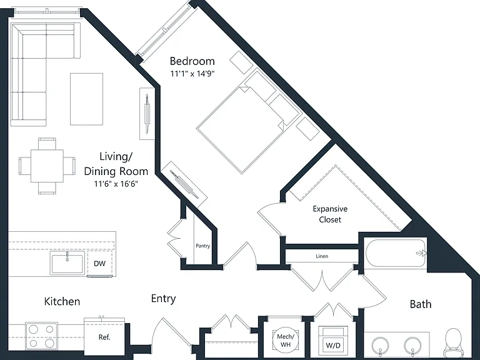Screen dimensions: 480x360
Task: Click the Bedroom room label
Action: [192, 61]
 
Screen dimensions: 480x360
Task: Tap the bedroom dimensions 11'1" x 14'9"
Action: [192, 74]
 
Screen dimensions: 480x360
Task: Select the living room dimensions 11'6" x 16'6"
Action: [116, 184]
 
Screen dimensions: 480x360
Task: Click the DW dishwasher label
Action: [99, 263]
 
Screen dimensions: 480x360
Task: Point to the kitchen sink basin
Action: [67, 264]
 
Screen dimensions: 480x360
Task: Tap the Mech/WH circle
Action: [285, 340]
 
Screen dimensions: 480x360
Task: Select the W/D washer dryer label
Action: [333, 346]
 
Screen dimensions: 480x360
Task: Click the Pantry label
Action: [203, 246]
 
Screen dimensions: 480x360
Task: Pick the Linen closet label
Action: [322, 256]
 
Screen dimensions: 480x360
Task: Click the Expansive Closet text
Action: [330, 214]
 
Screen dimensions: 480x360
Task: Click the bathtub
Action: [396, 254]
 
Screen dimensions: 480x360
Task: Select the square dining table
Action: [47, 166]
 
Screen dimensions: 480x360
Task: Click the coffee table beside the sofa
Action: [86, 99]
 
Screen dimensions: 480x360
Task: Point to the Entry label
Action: [164, 299]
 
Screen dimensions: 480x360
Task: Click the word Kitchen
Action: [62, 301]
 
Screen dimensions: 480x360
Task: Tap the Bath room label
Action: [420, 304]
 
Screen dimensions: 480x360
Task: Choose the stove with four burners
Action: [41, 336]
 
